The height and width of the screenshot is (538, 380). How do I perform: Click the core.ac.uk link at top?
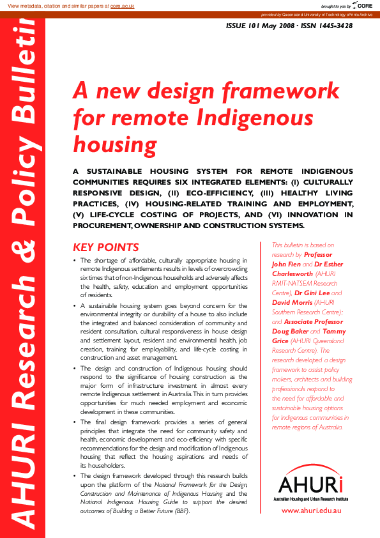[x=122, y=5]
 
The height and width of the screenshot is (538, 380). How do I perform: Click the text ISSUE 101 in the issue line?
[x=247, y=26]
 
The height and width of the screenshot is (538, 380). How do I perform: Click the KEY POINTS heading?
[x=106, y=247]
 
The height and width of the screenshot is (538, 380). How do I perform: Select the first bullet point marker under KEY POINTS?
[x=75, y=261]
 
